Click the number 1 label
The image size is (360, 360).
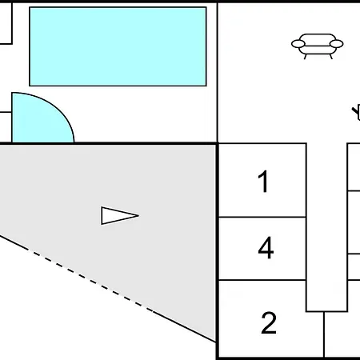pos(263,182)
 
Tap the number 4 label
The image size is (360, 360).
pos(266,248)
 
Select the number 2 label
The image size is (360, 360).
pos(269,322)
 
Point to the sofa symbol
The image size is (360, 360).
pos(318,46)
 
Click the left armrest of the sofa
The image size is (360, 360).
pos(298,44)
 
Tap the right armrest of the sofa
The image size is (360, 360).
pos(337,44)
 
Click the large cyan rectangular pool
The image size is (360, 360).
pos(118,46)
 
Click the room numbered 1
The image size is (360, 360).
pos(262,180)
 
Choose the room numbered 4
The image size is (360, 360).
pos(262,249)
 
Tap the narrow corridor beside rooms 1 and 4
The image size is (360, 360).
pos(327,227)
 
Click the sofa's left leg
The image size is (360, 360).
pos(306,57)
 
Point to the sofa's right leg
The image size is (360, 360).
pos(331,57)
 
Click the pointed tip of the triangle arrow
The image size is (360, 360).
pos(138,215)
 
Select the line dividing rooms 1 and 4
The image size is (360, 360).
pos(262,217)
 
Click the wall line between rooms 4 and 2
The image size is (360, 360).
pos(262,280)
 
